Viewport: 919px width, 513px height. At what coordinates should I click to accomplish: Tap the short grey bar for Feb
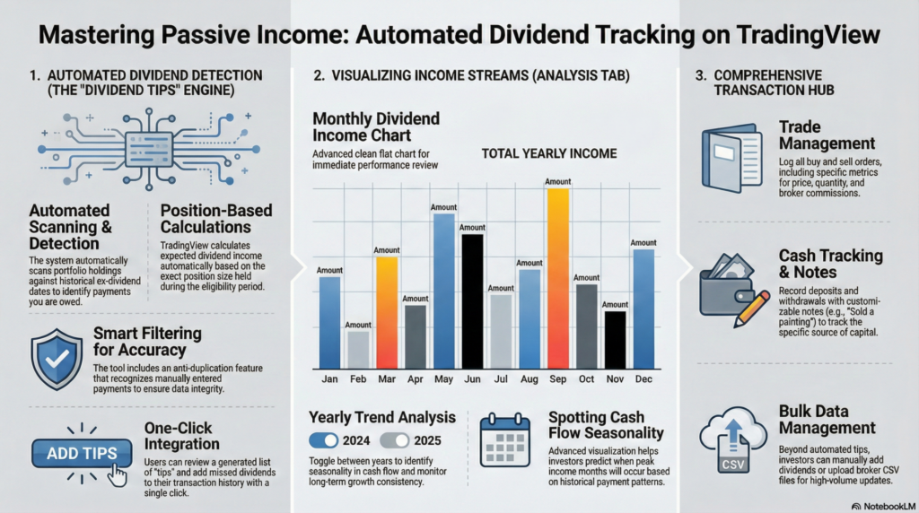(358, 345)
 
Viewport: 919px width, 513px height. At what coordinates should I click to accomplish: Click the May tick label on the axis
(443, 380)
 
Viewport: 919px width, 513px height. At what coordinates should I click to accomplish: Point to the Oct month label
(586, 380)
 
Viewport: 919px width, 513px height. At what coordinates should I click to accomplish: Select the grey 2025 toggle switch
(394, 439)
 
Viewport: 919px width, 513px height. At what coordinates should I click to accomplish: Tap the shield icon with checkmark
(57, 358)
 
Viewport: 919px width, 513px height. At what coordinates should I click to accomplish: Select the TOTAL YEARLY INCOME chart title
(549, 153)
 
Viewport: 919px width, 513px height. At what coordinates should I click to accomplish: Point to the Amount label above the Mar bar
(387, 250)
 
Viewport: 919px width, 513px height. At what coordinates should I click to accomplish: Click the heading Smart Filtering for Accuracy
(147, 342)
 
